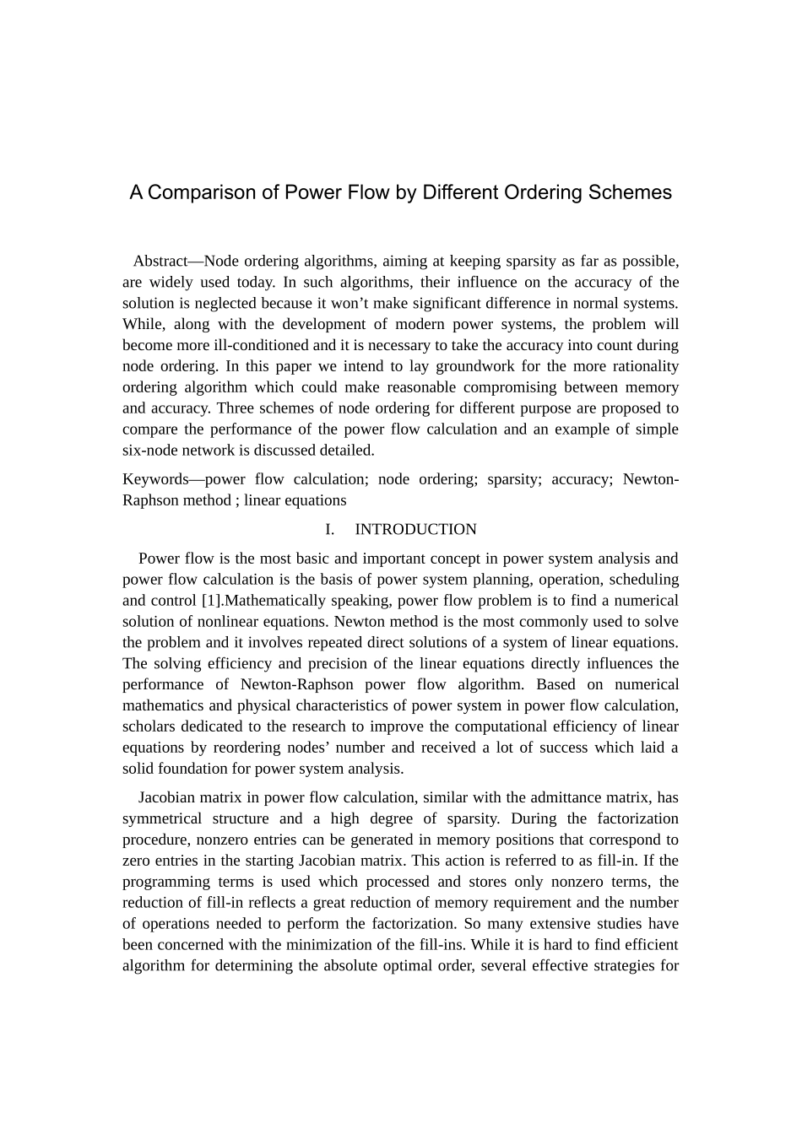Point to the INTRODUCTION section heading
[415, 530]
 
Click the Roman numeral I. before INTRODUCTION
[329, 530]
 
